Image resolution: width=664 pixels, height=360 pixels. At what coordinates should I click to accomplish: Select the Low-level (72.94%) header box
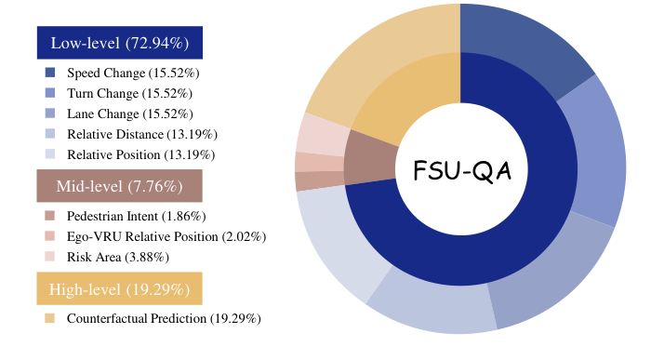coord(119,43)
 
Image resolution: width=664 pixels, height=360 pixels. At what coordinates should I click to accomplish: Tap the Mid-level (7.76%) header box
coord(119,186)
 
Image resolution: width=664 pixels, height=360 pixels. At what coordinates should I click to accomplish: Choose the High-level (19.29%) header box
coord(119,289)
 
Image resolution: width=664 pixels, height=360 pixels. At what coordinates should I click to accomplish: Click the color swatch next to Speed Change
coord(49,73)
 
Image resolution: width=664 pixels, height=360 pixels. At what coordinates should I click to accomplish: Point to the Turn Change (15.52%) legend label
coord(129,93)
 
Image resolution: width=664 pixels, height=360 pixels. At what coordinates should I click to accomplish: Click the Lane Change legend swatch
coord(49,113)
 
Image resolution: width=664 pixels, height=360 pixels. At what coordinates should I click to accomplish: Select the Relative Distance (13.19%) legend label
coord(141,134)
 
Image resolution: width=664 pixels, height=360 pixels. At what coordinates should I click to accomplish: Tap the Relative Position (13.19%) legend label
coord(140,154)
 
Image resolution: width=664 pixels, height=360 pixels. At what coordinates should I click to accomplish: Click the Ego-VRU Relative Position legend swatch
coord(49,236)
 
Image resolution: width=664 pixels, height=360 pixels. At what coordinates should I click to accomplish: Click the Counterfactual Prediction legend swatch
coord(49,319)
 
